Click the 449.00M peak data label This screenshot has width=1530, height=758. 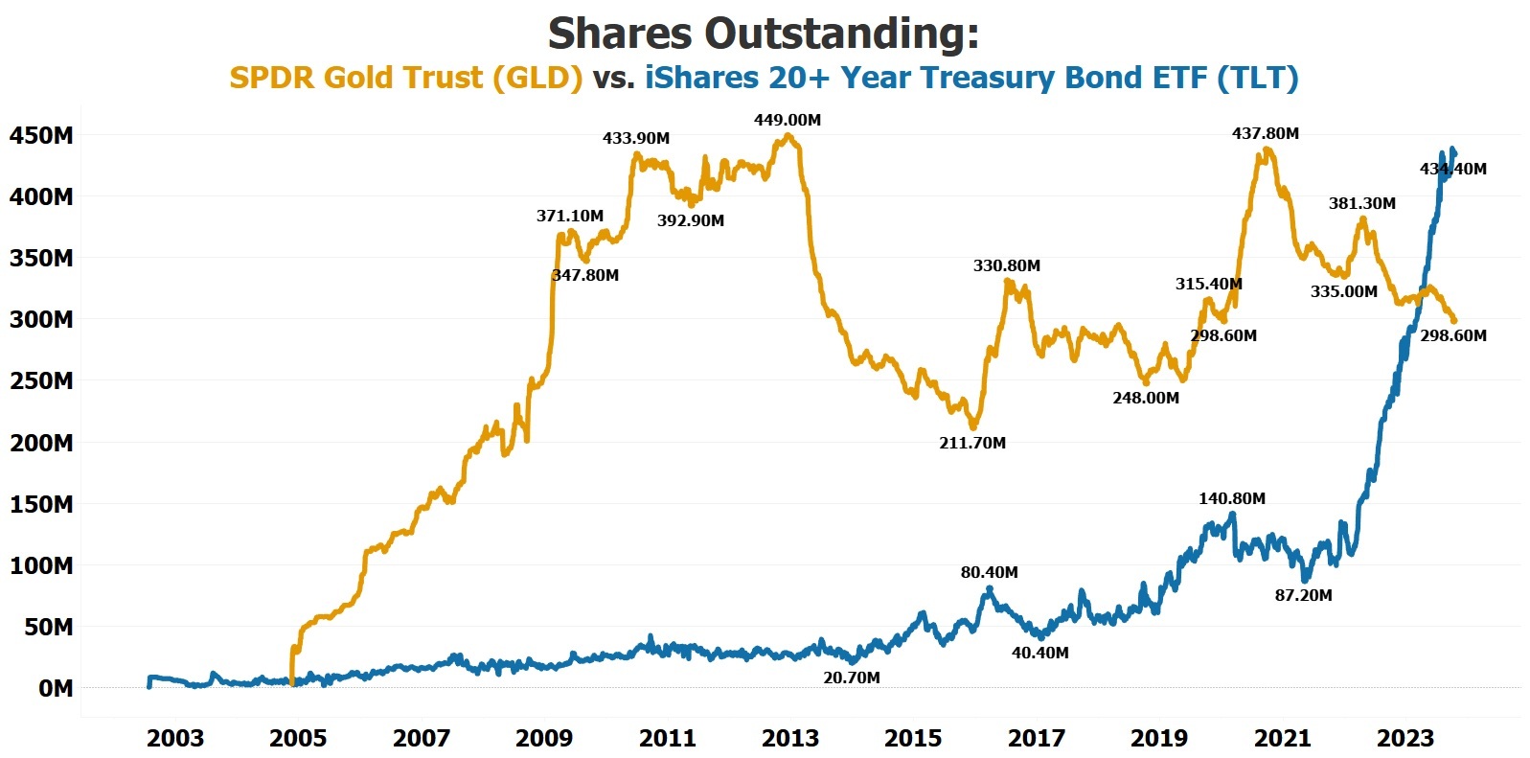click(788, 121)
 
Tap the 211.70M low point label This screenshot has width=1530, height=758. click(972, 443)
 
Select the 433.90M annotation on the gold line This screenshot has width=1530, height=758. click(636, 138)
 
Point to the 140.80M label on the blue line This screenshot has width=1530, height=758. click(1232, 498)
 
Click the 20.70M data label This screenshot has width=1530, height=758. click(852, 678)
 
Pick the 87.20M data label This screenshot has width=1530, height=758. click(1303, 595)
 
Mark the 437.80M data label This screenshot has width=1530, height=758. click(1266, 133)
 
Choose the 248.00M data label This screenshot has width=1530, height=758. click(1146, 398)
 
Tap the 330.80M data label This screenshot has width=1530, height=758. click(1007, 265)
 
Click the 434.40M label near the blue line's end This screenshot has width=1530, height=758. click(1453, 169)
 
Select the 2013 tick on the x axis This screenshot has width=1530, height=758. click(790, 739)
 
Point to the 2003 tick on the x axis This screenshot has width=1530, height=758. click(175, 739)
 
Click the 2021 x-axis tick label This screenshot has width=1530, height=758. click(1283, 739)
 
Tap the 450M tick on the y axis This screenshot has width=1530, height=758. click(41, 135)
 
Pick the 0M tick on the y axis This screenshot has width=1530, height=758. click(55, 688)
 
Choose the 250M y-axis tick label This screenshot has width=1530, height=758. click(41, 380)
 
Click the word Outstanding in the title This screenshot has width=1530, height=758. click(842, 34)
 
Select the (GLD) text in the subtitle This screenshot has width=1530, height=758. click(537, 78)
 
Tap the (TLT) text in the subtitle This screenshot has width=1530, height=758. click(1257, 78)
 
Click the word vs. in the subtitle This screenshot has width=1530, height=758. click(613, 78)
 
